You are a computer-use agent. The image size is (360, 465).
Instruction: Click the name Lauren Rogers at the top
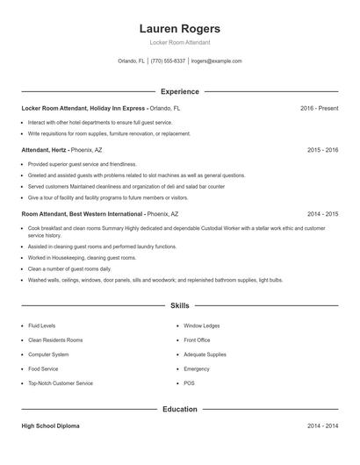point(179,28)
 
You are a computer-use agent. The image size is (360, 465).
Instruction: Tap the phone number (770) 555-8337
point(168,61)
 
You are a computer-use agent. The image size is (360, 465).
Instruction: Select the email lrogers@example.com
point(216,61)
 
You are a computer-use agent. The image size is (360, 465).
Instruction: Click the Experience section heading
point(179,91)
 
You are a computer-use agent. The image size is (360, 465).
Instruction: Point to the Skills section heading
point(179,305)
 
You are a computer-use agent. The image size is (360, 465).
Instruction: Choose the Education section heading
point(179,409)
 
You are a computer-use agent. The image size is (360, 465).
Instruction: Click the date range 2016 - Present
point(319,108)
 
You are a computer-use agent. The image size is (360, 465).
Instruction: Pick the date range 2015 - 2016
point(322,150)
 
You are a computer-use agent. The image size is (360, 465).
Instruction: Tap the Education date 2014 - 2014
point(322,426)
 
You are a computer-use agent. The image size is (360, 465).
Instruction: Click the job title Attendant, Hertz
point(44,150)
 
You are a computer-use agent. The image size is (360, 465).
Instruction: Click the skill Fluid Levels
point(41,325)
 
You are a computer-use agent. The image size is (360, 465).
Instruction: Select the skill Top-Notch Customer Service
point(60,383)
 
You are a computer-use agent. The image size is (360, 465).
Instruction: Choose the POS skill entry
point(189,383)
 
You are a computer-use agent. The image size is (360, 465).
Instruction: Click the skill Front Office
point(197,340)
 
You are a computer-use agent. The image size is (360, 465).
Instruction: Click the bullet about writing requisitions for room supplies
point(109,134)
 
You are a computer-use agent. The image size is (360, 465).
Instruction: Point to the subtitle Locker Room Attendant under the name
point(179,42)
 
